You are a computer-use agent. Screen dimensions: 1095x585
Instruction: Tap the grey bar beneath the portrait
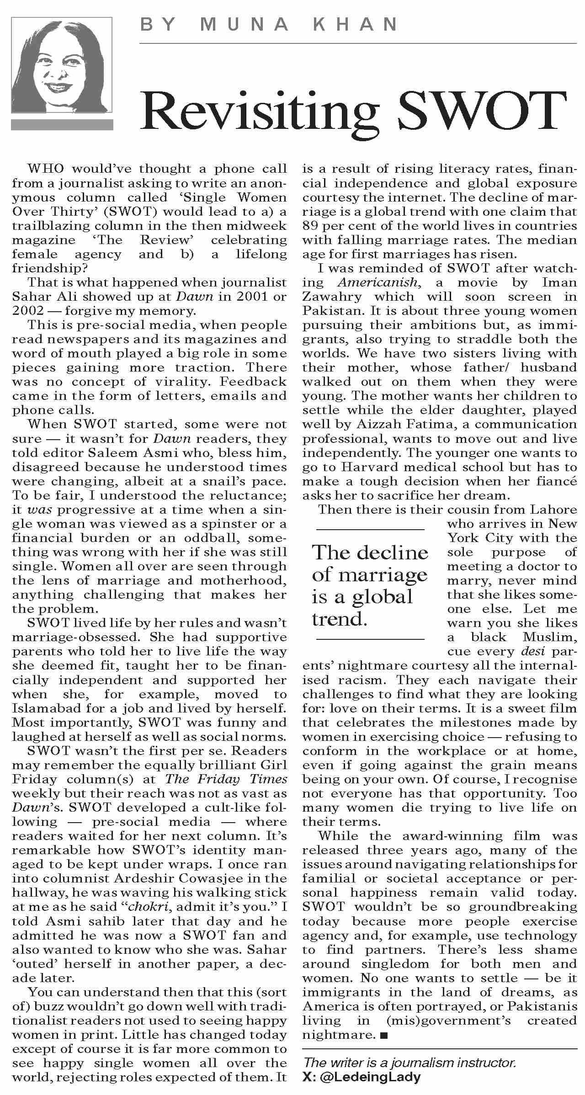(62, 125)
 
